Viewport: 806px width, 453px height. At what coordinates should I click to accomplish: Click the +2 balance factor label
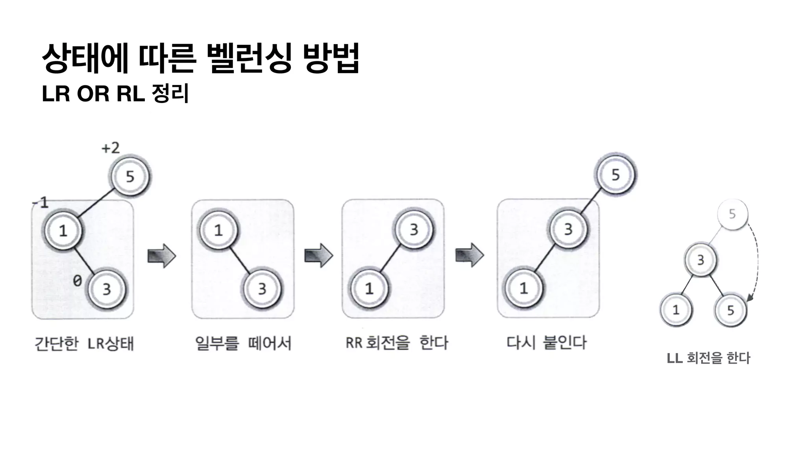click(x=111, y=148)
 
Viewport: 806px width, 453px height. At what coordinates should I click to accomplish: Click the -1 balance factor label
click(x=41, y=203)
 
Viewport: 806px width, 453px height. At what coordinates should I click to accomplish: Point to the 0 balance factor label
click(x=78, y=281)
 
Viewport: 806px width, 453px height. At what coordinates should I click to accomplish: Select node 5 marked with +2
click(x=130, y=177)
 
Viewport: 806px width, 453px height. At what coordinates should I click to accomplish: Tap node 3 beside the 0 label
click(x=106, y=289)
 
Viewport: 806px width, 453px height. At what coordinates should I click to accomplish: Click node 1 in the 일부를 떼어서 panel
click(x=218, y=230)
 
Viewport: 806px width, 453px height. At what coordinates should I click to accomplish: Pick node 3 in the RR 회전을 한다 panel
click(x=414, y=230)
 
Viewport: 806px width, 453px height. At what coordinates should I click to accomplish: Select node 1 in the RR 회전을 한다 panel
click(x=369, y=289)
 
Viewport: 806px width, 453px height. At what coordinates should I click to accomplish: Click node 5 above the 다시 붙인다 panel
click(x=616, y=175)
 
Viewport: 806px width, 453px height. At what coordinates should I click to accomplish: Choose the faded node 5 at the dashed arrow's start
click(x=732, y=214)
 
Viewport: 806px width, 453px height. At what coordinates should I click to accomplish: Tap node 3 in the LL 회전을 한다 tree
click(x=701, y=260)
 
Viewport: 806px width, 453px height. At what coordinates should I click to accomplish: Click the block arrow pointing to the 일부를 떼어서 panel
click(x=161, y=256)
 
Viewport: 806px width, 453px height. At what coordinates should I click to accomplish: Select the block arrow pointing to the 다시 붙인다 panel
click(x=470, y=255)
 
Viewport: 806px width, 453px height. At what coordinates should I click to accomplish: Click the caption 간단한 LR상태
click(x=84, y=344)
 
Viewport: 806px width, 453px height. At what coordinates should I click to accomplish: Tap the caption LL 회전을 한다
click(x=708, y=358)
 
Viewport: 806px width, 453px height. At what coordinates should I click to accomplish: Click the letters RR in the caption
click(x=354, y=343)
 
